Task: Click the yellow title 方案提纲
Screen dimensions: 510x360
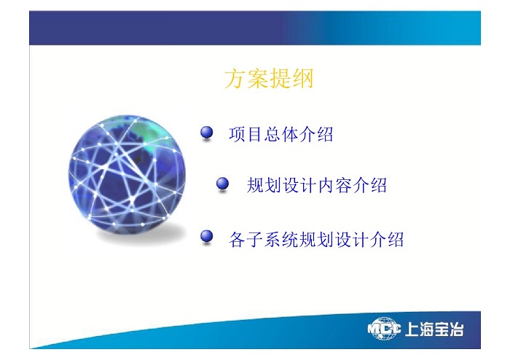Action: [x=269, y=79]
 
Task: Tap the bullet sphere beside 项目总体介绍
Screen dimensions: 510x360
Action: [x=206, y=133]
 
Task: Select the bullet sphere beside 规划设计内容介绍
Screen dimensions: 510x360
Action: [x=222, y=184]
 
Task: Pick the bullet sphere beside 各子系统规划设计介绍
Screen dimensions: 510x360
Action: [x=206, y=236]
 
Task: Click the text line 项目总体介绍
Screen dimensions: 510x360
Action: [x=281, y=134]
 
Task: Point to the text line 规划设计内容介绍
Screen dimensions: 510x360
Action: [x=317, y=185]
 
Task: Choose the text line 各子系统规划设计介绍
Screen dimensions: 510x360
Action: [x=316, y=240]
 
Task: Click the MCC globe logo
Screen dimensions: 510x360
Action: [x=384, y=329]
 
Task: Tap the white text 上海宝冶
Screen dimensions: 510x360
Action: [x=434, y=329]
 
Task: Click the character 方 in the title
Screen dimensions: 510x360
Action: [x=235, y=79]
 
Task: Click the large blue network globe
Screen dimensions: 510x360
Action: [x=127, y=174]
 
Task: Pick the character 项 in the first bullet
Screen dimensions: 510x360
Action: [x=237, y=134]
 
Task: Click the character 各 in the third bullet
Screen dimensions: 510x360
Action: [x=237, y=240]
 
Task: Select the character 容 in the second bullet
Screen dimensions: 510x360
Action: [x=343, y=185]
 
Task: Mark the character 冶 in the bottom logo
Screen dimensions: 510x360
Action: [x=456, y=329]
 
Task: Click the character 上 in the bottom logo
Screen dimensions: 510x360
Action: [x=412, y=329]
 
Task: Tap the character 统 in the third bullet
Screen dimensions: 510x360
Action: [x=290, y=240]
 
